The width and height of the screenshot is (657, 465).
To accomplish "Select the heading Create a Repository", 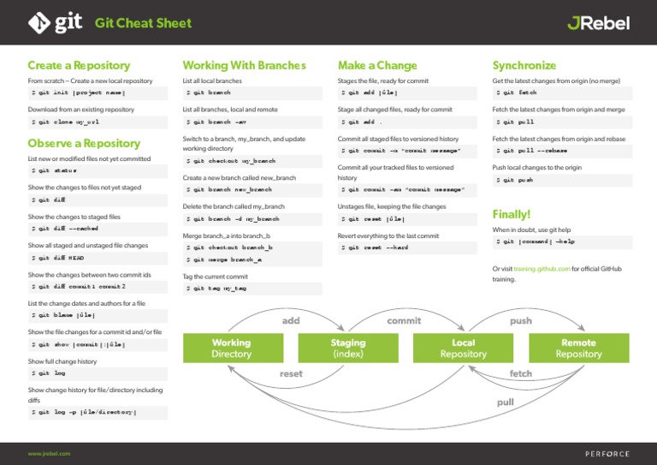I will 79,65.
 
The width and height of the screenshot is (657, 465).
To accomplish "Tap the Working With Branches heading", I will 244,65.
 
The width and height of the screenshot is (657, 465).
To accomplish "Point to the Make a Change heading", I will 377,65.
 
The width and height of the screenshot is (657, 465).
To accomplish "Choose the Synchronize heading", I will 524,65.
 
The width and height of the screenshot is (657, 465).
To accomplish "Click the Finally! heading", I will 512,214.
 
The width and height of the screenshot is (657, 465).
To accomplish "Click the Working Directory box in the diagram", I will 231,348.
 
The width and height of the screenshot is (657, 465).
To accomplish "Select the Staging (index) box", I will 347,348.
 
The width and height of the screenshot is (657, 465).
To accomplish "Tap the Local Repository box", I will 463,348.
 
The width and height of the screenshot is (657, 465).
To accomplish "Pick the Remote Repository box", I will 578,348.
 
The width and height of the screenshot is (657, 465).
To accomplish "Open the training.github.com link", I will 543,269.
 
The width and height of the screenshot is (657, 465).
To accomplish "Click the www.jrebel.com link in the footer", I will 49,453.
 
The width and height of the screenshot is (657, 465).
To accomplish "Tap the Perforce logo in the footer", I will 607,453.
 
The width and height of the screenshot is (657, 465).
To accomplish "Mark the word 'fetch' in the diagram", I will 520,374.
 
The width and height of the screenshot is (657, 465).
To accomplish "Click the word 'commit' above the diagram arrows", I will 404,320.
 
